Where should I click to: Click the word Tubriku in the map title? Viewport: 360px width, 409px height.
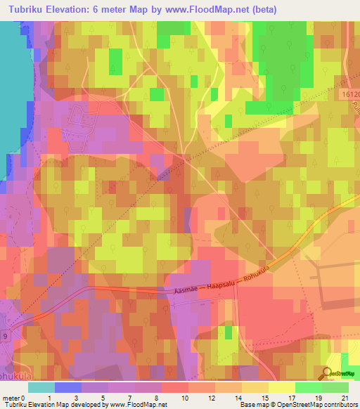28,10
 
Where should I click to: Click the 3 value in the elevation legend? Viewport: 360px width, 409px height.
76,397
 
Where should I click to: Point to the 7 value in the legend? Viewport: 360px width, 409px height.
129,397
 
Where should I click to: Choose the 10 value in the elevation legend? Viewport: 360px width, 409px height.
184,397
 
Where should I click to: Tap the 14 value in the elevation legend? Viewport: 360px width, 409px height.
238,397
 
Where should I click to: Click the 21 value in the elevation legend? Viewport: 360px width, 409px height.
345,397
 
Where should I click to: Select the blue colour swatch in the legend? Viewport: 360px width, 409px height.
67,387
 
